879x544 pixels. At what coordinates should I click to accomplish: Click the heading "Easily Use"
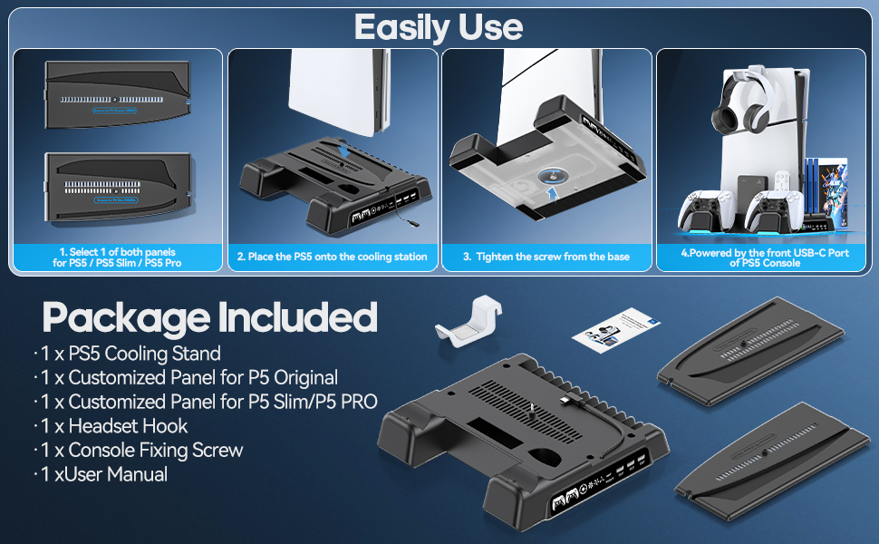439,27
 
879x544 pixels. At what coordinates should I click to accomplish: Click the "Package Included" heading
209,317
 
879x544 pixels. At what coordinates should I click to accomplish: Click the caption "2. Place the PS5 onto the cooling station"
332,257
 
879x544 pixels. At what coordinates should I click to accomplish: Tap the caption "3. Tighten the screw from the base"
546,257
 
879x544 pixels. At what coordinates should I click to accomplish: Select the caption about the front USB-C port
764,257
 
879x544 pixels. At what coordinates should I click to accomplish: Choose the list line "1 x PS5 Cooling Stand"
127,354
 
